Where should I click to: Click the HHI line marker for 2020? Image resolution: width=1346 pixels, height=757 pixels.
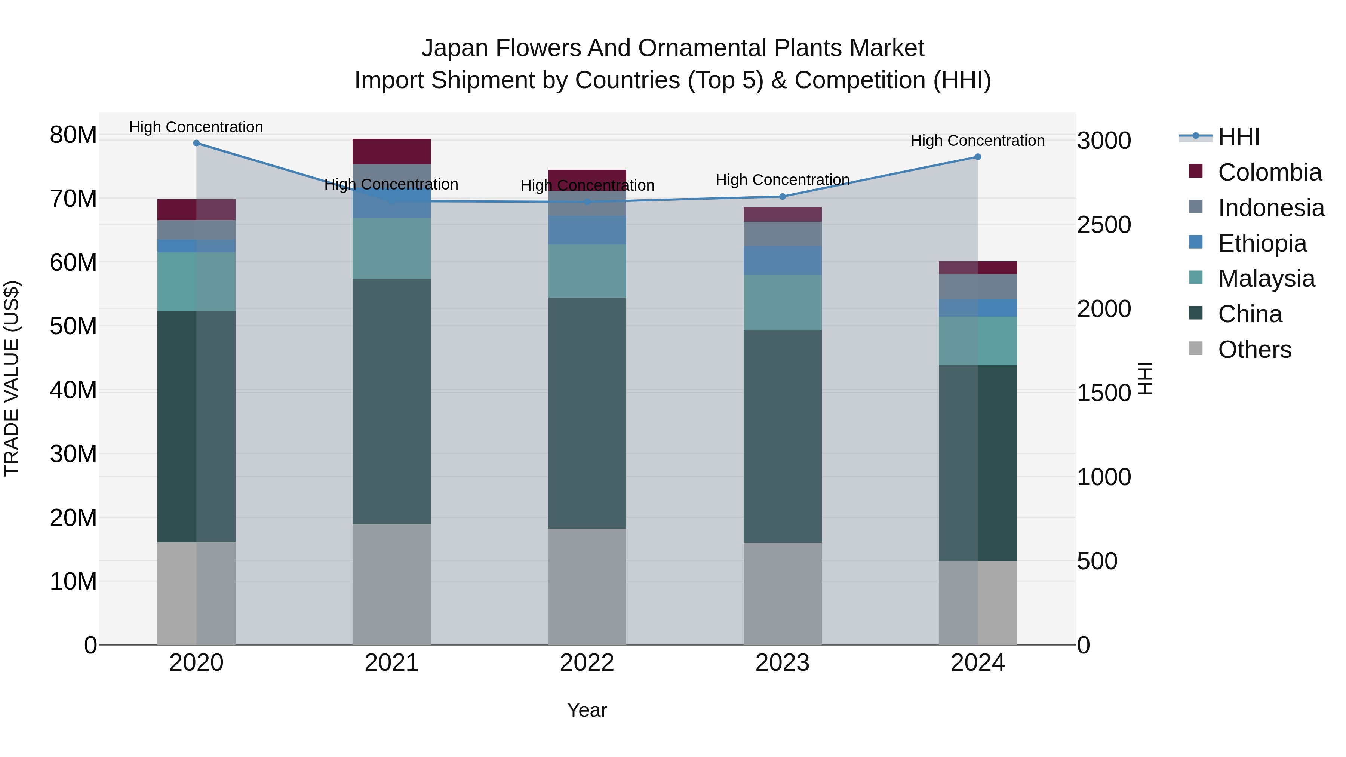[196, 143]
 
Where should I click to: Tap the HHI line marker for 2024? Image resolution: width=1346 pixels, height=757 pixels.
[978, 157]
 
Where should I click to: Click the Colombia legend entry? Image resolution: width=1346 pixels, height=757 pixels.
[1254, 172]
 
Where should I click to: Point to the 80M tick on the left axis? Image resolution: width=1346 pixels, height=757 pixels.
[73, 135]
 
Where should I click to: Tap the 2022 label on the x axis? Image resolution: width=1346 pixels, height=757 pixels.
[587, 663]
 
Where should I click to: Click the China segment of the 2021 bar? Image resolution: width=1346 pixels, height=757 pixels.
[391, 401]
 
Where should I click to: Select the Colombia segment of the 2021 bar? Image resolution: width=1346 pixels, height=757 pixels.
[391, 151]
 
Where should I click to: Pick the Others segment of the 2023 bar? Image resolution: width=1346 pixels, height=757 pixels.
[782, 594]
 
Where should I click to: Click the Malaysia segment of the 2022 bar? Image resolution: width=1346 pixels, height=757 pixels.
[587, 271]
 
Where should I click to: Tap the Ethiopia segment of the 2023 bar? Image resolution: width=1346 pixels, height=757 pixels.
[782, 261]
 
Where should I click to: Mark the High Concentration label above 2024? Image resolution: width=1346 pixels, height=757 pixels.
[978, 141]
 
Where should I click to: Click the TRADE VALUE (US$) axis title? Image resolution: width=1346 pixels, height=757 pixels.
[12, 379]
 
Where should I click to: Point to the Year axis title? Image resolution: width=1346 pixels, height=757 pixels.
[587, 710]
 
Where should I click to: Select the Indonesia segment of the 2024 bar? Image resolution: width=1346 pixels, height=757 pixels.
[978, 286]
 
